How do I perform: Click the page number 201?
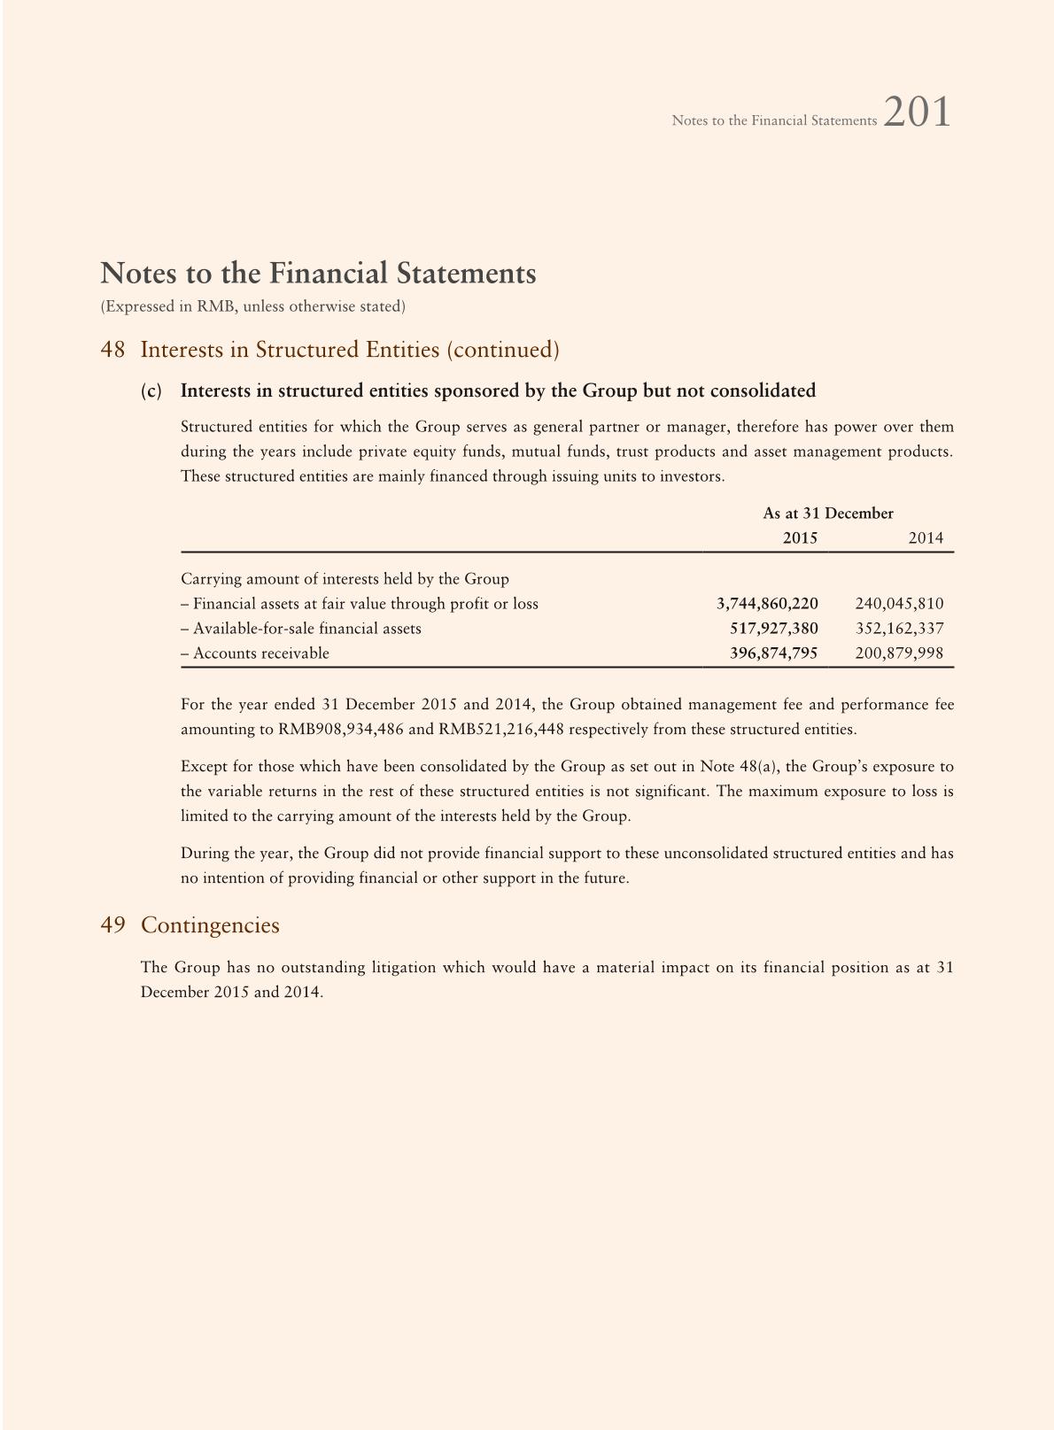click(x=917, y=112)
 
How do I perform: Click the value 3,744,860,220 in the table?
click(x=767, y=604)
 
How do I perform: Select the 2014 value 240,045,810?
click(x=899, y=604)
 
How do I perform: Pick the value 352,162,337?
click(x=899, y=629)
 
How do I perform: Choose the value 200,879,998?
click(x=899, y=653)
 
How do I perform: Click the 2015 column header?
click(x=800, y=538)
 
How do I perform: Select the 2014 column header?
click(x=926, y=538)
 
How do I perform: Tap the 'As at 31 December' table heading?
click(x=828, y=514)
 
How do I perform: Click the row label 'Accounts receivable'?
click(x=260, y=653)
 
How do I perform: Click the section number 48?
click(x=112, y=350)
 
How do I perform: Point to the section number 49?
click(x=112, y=925)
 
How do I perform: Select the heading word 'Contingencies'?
click(x=210, y=925)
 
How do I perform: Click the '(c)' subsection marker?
click(x=151, y=391)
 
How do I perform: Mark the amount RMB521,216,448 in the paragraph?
click(x=501, y=730)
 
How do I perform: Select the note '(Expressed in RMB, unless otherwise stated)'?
click(x=253, y=306)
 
